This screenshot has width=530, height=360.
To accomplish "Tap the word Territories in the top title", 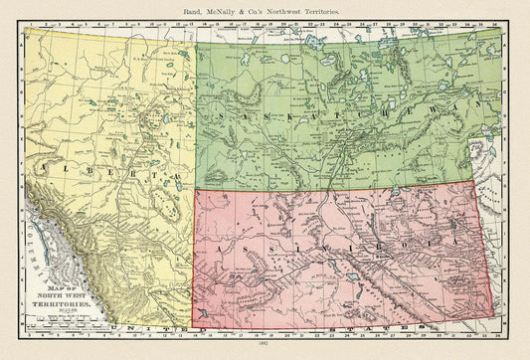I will tap(318, 8).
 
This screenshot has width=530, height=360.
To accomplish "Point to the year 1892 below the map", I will tap(265, 350).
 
